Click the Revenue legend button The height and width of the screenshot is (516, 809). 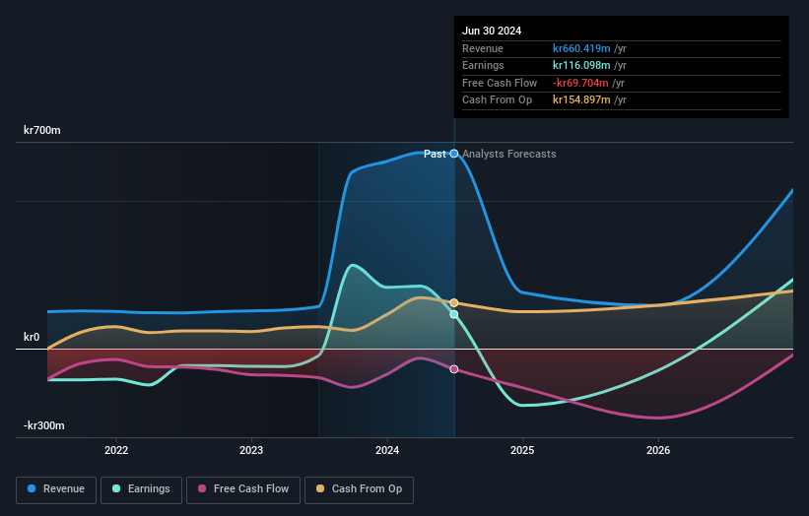(56, 488)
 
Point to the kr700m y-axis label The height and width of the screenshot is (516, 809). (42, 130)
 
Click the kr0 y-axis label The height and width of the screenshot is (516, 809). (33, 337)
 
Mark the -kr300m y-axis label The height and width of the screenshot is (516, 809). (44, 425)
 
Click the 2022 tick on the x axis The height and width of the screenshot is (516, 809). (116, 450)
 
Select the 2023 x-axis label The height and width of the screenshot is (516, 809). (251, 450)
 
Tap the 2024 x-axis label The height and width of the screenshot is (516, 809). (387, 450)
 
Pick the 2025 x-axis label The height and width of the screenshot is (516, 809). (522, 450)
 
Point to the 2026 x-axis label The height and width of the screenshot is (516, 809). (658, 450)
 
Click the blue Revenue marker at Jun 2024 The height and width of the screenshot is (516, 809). (454, 154)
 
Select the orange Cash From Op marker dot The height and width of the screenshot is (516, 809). (454, 303)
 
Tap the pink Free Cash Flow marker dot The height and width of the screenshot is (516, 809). (454, 369)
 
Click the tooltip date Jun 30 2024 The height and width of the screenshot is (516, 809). (492, 31)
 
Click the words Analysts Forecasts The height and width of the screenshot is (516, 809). (508, 155)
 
